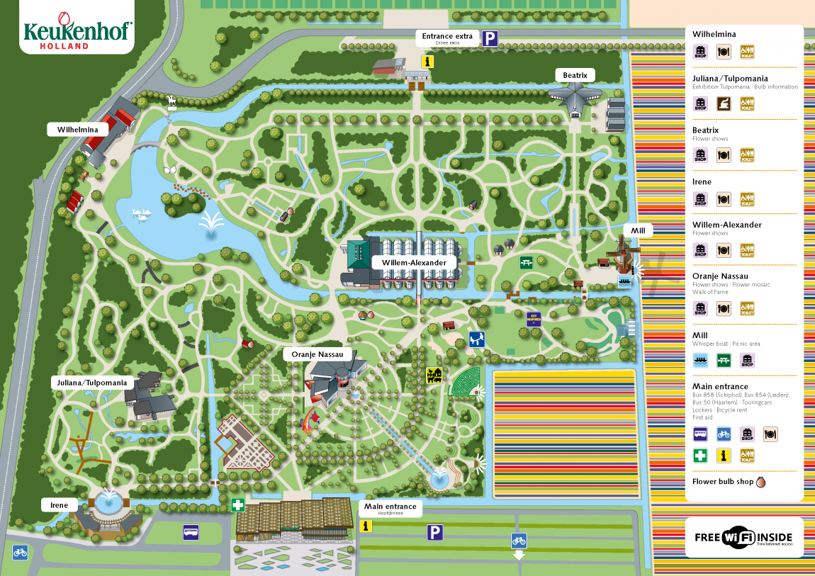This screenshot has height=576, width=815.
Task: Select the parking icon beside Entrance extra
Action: [x=490, y=39]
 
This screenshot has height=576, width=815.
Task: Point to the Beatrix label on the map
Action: [x=575, y=75]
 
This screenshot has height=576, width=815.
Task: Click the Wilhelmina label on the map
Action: [x=78, y=130]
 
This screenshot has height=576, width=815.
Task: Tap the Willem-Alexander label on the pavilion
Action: [x=415, y=262]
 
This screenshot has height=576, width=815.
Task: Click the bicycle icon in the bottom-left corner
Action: [x=20, y=552]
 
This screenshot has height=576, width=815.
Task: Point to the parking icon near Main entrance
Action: [x=434, y=532]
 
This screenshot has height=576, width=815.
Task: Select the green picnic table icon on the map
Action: [x=526, y=263]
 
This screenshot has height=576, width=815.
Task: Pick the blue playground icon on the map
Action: [x=477, y=339]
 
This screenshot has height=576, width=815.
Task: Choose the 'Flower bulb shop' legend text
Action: [x=722, y=482]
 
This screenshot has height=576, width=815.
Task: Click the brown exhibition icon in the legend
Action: [x=724, y=104]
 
